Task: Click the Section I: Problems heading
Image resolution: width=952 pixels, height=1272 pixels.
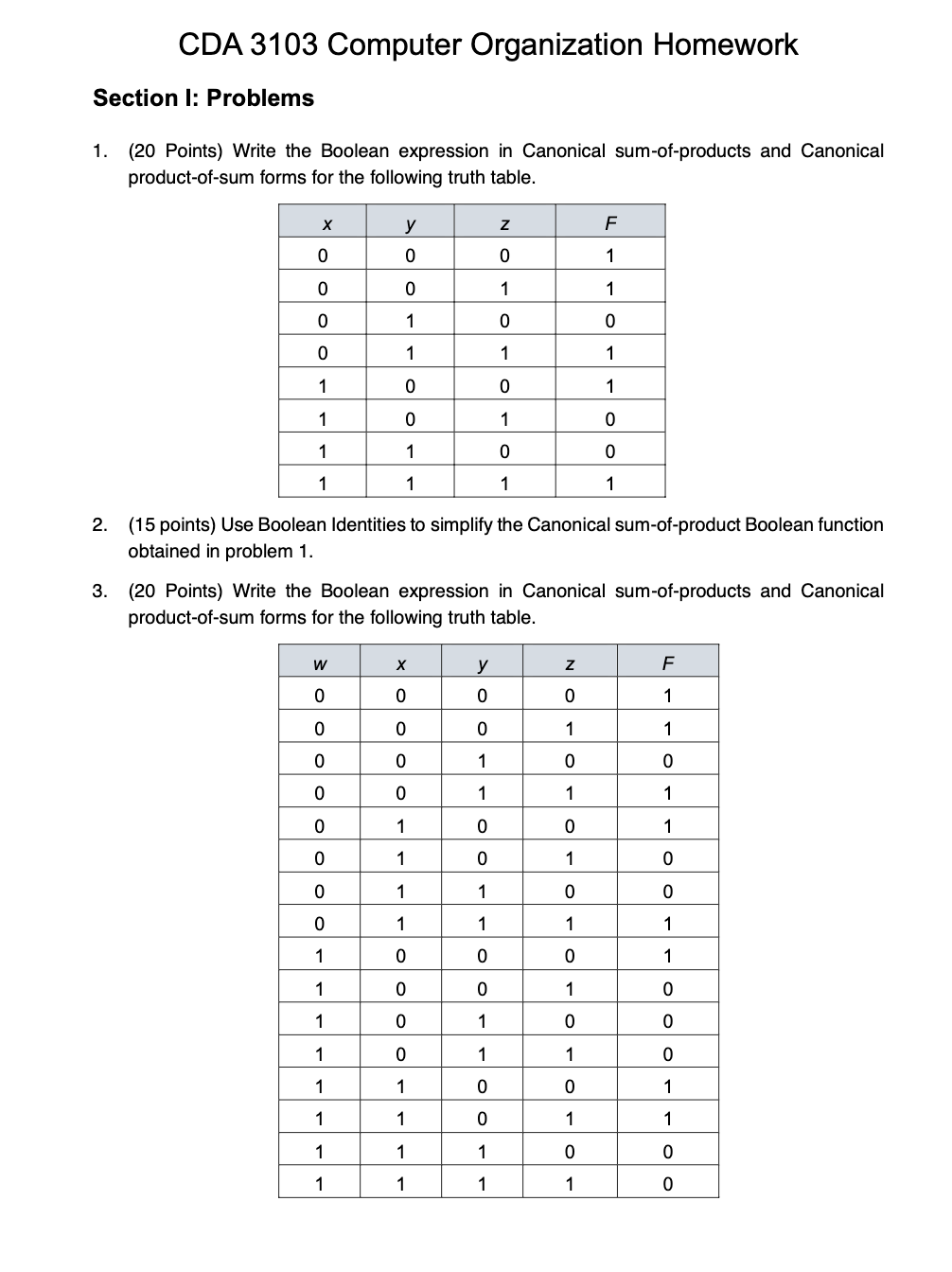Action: tap(203, 98)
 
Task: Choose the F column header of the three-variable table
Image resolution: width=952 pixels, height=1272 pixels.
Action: tap(610, 223)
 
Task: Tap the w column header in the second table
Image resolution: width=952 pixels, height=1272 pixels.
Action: tap(319, 663)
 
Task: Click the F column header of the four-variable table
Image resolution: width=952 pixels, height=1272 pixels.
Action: tap(668, 663)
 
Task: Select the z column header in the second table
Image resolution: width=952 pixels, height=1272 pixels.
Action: tap(569, 663)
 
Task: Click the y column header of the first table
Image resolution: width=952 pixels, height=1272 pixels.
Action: tap(410, 223)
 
